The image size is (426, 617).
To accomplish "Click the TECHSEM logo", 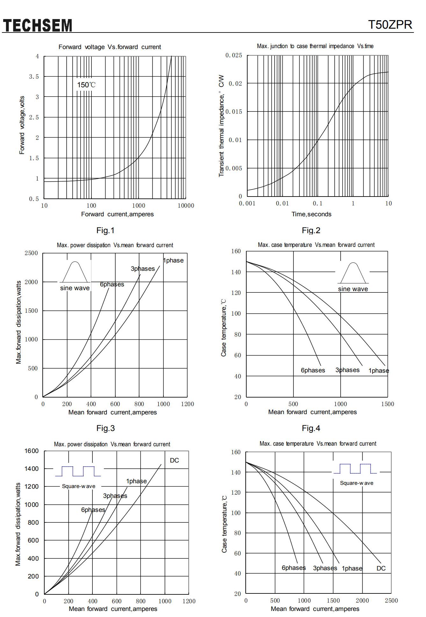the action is tap(37, 25).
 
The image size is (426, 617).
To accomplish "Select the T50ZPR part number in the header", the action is tap(390, 25).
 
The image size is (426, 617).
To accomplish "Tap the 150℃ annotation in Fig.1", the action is tap(86, 85).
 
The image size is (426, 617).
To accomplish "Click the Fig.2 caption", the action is tap(311, 230).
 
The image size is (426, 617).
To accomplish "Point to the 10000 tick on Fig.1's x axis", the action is tap(186, 206).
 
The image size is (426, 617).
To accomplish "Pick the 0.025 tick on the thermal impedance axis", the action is tap(234, 55).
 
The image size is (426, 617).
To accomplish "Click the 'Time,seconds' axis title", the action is tap(311, 214).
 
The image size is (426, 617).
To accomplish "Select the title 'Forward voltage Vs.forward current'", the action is tap(110, 47).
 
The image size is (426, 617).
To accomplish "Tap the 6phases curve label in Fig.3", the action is tap(112, 284).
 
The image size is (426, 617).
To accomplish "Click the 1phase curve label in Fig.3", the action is tap(173, 260).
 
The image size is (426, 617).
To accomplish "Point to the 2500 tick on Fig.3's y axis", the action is tap(31, 253).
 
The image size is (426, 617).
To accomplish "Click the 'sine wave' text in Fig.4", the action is tap(353, 289).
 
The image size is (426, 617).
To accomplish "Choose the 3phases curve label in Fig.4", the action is tap(347, 370).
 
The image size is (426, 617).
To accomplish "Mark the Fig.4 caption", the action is tap(311, 428).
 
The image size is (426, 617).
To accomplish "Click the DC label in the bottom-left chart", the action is tap(174, 460).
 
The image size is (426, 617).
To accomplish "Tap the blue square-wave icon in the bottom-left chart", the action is tap(78, 471).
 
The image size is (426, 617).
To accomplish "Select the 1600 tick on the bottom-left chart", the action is tap(32, 451).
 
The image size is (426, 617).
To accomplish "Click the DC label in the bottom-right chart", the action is tap(381, 568).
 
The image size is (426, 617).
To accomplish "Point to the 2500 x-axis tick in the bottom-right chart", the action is tap(391, 600).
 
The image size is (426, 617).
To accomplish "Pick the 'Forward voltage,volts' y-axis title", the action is tap(22, 125).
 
